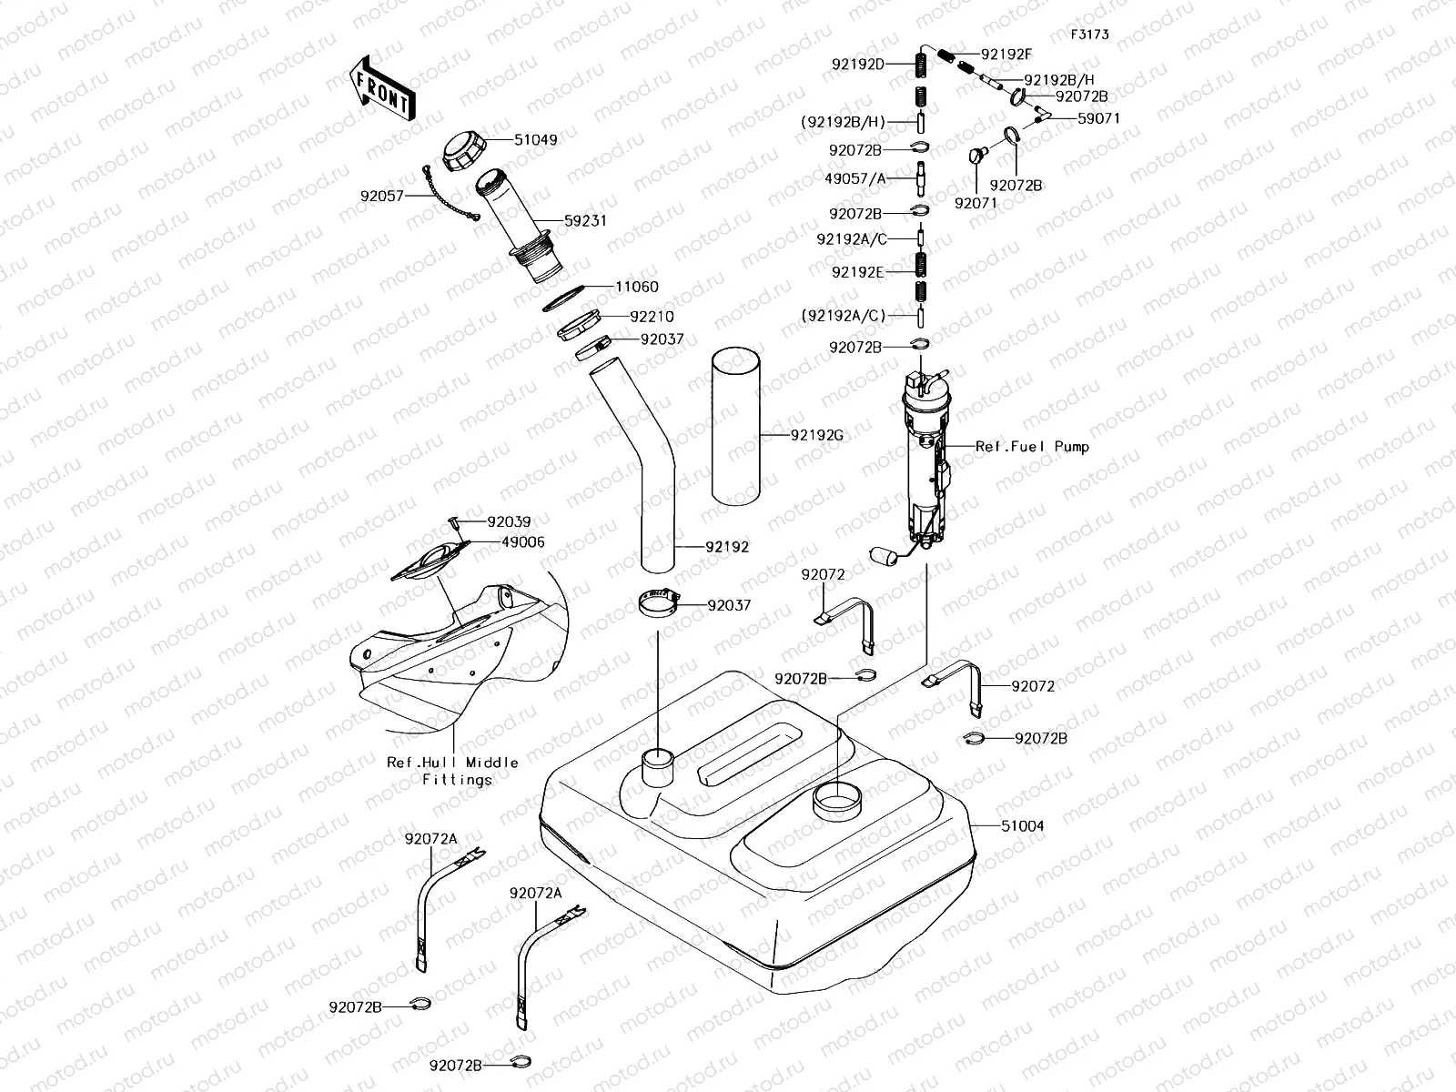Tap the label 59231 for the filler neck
[585, 221]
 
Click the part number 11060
[636, 287]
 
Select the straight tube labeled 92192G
[735, 426]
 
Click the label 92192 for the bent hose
[727, 548]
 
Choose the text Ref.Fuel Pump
[1032, 447]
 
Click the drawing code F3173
[1089, 35]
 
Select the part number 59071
[1098, 118]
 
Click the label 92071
[976, 203]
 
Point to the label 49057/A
[854, 179]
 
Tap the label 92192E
[857, 271]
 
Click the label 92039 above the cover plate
[509, 522]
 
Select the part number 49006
[522, 541]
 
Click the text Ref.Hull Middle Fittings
[452, 771]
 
